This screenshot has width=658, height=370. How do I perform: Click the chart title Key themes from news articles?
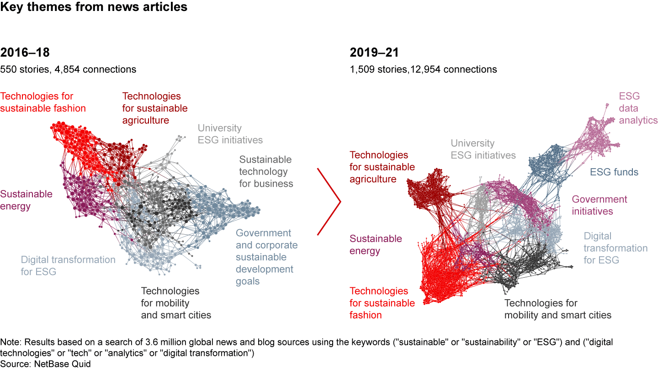[x=94, y=7]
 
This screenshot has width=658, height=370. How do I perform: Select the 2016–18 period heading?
[x=25, y=53]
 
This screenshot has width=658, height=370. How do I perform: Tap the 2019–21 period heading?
[x=374, y=53]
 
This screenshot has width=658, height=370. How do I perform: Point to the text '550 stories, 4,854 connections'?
[x=68, y=69]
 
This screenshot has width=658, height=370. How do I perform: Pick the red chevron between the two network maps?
[x=330, y=201]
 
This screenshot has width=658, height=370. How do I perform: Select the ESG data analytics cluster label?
[x=638, y=108]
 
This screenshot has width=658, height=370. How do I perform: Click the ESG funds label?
[x=614, y=172]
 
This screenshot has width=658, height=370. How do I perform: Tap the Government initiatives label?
[x=599, y=205]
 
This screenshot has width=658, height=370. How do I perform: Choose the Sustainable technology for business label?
[x=266, y=172]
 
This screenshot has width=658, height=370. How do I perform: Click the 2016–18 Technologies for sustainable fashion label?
[x=43, y=102]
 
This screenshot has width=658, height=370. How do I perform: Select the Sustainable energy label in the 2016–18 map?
[x=26, y=200]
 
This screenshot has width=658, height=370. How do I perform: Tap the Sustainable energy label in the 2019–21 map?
[x=376, y=244]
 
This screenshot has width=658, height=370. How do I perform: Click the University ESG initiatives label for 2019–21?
[x=483, y=149]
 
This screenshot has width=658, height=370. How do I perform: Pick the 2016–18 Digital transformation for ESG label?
[x=68, y=265]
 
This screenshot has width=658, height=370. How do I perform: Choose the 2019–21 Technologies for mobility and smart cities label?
[x=557, y=309]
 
